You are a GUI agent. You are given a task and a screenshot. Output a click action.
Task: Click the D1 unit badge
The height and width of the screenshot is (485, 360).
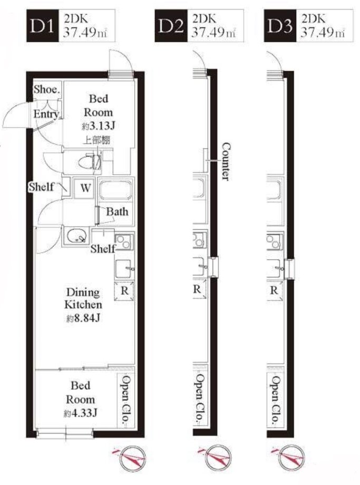(x=42, y=26)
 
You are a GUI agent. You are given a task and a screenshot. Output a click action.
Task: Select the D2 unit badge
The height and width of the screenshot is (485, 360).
(x=171, y=26)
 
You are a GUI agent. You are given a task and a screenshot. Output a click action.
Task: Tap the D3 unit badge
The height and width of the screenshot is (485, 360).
(x=280, y=26)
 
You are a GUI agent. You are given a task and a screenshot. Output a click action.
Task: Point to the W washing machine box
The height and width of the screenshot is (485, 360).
(x=85, y=188)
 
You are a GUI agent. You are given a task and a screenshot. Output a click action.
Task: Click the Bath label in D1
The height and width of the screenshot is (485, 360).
(x=117, y=212)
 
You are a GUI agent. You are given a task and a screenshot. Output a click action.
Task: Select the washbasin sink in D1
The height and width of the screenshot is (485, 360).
(x=76, y=237)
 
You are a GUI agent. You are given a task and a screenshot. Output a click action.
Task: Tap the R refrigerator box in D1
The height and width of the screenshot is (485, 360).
(x=124, y=291)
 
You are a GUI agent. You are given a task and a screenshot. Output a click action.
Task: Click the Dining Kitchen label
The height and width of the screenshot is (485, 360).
(x=83, y=298)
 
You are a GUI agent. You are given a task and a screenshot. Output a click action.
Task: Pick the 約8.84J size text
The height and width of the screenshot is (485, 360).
(x=83, y=318)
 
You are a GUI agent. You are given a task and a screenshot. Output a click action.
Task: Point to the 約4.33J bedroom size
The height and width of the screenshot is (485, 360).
(x=81, y=413)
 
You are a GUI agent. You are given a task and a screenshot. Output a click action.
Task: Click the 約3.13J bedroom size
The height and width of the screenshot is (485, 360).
(x=99, y=126)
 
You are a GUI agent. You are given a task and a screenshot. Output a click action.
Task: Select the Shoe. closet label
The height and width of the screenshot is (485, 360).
(x=47, y=90)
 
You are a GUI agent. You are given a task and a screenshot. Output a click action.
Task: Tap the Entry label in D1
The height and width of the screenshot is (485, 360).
(x=46, y=114)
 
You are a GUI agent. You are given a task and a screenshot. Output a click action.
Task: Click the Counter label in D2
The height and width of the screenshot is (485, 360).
(x=226, y=161)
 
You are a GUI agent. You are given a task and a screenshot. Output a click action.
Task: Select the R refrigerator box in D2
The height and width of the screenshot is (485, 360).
(x=199, y=289)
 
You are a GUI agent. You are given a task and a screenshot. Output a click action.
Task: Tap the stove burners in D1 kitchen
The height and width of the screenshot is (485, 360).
(x=124, y=241)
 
